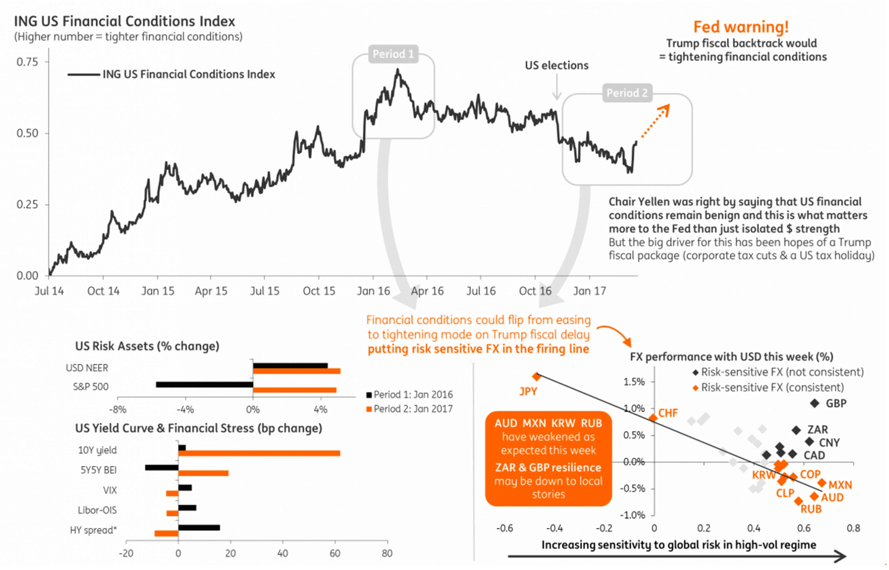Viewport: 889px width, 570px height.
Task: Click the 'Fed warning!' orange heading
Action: coord(740,27)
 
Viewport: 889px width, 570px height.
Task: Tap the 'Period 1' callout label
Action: coord(393,54)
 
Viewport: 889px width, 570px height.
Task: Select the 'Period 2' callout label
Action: coord(627,93)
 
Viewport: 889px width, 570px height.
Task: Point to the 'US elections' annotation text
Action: coord(557,66)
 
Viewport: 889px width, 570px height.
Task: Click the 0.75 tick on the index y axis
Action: coord(27,62)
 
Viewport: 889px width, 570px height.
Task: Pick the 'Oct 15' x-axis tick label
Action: coord(319,291)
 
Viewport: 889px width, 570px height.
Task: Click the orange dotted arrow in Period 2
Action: coord(654,121)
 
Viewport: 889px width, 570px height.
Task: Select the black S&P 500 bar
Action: coord(204,385)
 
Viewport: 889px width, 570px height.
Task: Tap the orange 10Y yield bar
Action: coord(259,454)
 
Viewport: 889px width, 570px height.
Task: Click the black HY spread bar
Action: coord(199,528)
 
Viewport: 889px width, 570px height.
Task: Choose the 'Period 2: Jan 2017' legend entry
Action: coord(410,409)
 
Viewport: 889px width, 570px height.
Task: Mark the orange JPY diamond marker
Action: coord(537,377)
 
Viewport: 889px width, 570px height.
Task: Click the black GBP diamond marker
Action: coord(815,403)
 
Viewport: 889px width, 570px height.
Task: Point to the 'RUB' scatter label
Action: coord(811,509)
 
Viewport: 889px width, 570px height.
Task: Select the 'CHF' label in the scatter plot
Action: coord(668,413)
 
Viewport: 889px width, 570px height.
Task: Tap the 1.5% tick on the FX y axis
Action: coord(634,382)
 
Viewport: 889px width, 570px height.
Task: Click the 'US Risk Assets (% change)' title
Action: coord(147,346)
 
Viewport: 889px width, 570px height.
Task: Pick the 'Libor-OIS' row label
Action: coord(97,511)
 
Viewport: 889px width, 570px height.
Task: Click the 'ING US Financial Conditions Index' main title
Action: coord(124,21)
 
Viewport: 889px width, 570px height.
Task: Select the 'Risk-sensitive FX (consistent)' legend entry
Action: coord(771,388)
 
